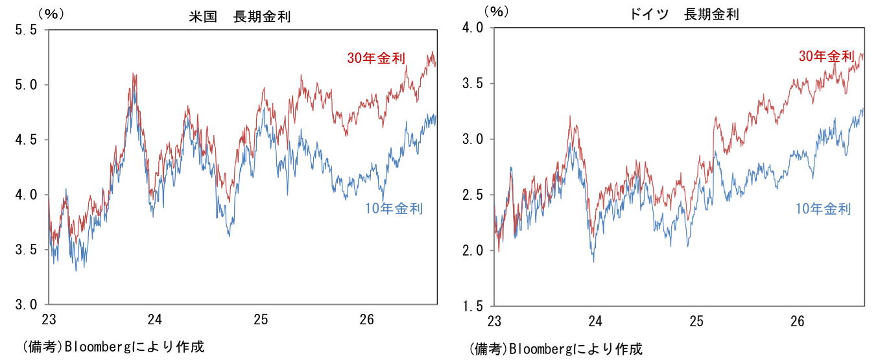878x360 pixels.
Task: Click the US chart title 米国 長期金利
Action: tap(239, 17)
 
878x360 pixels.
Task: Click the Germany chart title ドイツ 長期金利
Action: tap(684, 14)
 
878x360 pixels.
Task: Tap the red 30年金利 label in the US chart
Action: tap(376, 58)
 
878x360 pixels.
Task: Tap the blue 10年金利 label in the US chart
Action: tap(394, 208)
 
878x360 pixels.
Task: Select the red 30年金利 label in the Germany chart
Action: tap(827, 56)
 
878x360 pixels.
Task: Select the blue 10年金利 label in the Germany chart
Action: tap(823, 209)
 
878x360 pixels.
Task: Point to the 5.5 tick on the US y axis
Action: tap(26, 30)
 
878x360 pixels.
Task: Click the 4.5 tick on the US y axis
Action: tap(26, 140)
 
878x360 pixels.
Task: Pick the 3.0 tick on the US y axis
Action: tap(26, 305)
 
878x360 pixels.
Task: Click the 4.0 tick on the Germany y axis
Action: tap(472, 28)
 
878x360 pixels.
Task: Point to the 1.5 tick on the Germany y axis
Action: tap(472, 306)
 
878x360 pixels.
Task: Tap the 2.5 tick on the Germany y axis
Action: tap(472, 195)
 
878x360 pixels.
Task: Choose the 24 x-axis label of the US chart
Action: tap(155, 320)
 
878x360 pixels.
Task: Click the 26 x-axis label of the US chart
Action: tap(367, 320)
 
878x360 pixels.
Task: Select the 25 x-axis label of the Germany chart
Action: tap(696, 322)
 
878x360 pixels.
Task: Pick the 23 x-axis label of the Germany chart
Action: tap(494, 322)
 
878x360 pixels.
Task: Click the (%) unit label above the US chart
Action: tap(51, 14)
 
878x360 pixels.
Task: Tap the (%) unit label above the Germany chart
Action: tap(496, 12)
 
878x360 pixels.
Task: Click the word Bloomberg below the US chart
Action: tap(98, 346)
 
